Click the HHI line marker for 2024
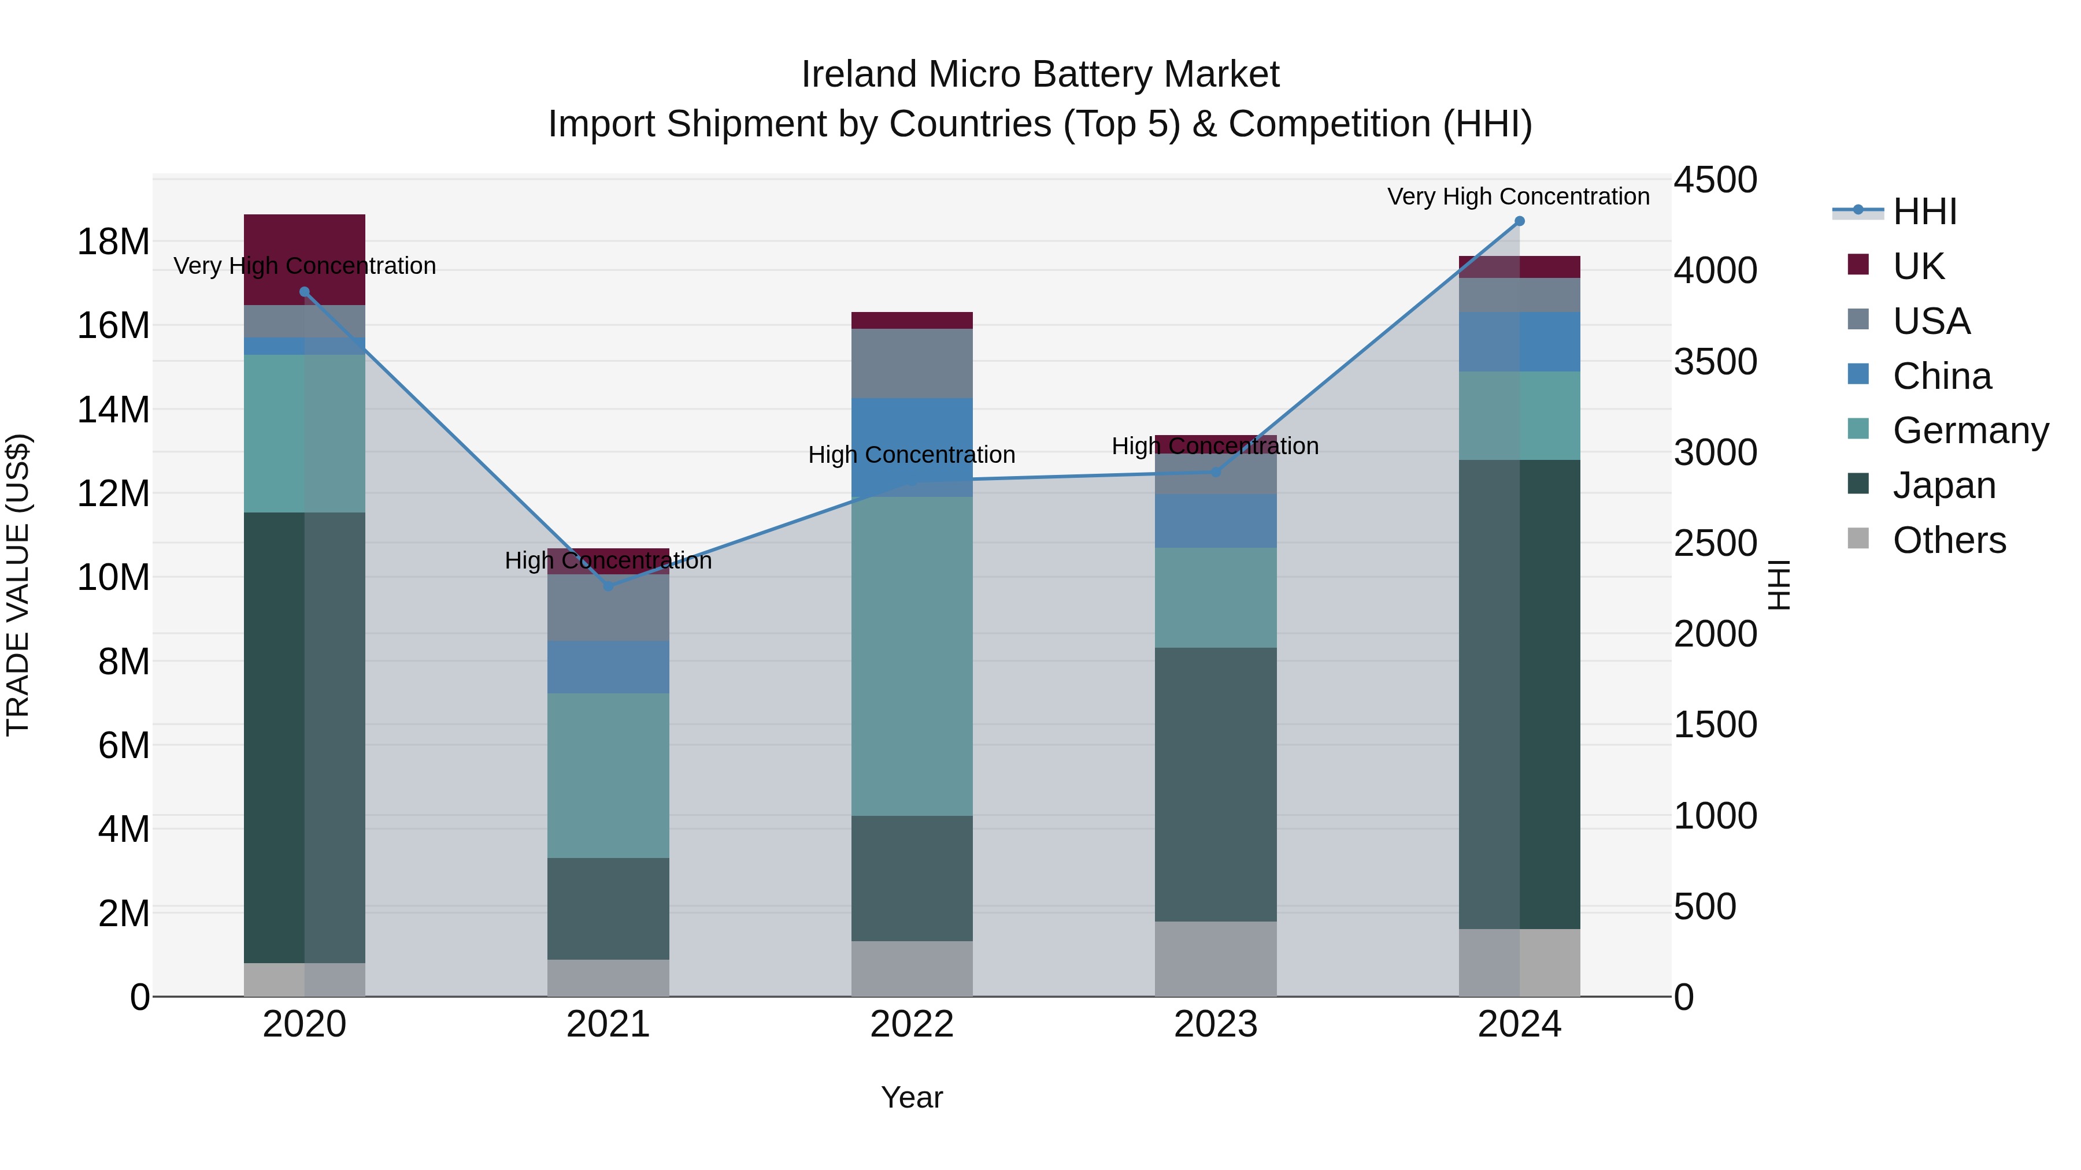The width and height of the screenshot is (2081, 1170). [1519, 221]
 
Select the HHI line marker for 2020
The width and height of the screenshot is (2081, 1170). [305, 292]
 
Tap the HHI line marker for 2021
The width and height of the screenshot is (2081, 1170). [608, 585]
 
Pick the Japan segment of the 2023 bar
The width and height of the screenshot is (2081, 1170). [1216, 783]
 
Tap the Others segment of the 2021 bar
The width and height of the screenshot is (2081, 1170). [608, 977]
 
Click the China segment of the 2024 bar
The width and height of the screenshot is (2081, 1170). [1519, 341]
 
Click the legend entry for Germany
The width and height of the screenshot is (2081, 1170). [1969, 430]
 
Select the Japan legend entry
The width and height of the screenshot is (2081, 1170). [1943, 485]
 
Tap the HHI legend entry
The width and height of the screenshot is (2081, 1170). [1924, 211]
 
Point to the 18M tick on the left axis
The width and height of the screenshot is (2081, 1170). [113, 242]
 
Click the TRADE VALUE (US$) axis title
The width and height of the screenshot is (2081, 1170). [18, 585]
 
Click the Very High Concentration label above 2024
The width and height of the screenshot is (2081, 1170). [1518, 196]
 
